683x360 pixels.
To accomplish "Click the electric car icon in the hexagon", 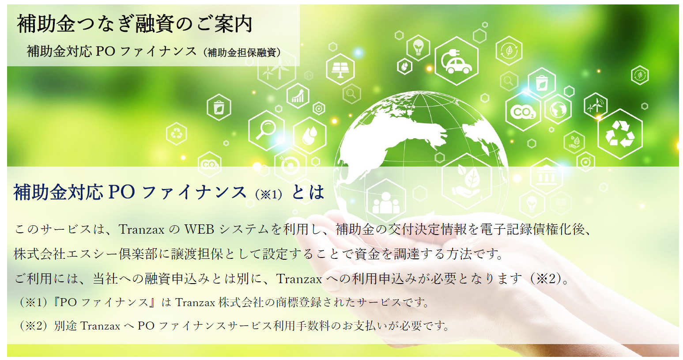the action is (x=457, y=61).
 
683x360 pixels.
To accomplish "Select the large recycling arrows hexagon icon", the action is (x=620, y=134).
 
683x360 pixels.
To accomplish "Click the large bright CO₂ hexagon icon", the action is (x=523, y=112).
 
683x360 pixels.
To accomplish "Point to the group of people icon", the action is (x=386, y=201).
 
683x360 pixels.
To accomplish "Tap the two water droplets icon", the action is (x=309, y=135).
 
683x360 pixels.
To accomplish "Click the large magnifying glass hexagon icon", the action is (x=267, y=130).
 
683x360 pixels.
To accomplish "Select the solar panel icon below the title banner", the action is (x=340, y=69).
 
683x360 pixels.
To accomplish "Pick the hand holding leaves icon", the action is (x=467, y=181).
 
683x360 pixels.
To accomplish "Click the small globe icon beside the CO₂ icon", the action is (x=558, y=109).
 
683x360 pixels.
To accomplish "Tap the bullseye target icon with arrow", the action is (x=290, y=165).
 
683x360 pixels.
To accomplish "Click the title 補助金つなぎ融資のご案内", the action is (x=135, y=24).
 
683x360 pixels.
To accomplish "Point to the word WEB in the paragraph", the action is (x=199, y=229).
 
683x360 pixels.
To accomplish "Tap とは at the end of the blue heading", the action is (x=308, y=193).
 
